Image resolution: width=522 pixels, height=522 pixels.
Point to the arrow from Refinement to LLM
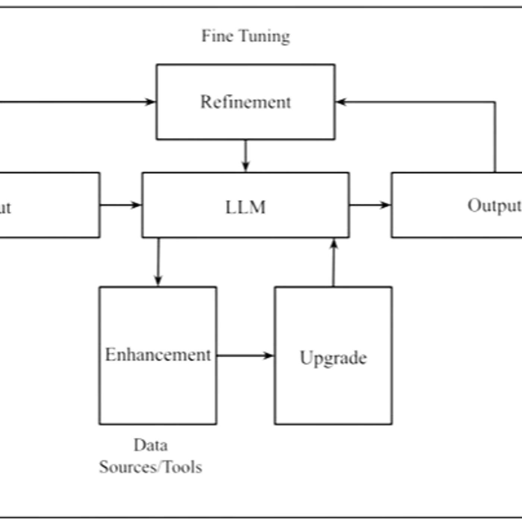click(245, 155)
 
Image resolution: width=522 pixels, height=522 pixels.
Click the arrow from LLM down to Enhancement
click(158, 261)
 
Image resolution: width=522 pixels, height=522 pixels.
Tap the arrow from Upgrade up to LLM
click(334, 263)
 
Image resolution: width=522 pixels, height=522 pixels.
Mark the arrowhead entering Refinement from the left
click(150, 102)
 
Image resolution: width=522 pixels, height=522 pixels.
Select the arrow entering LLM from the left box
click(120, 205)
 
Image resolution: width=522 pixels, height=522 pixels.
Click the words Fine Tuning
click(245, 36)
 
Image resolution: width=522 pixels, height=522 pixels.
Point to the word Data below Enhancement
click(151, 445)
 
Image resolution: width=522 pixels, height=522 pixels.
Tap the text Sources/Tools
click(151, 467)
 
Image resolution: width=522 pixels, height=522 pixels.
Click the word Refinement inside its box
click(245, 102)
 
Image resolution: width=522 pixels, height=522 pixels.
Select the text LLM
click(245, 207)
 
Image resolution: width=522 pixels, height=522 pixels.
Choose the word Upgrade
click(333, 357)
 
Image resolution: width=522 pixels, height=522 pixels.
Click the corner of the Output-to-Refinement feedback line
click(495, 102)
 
